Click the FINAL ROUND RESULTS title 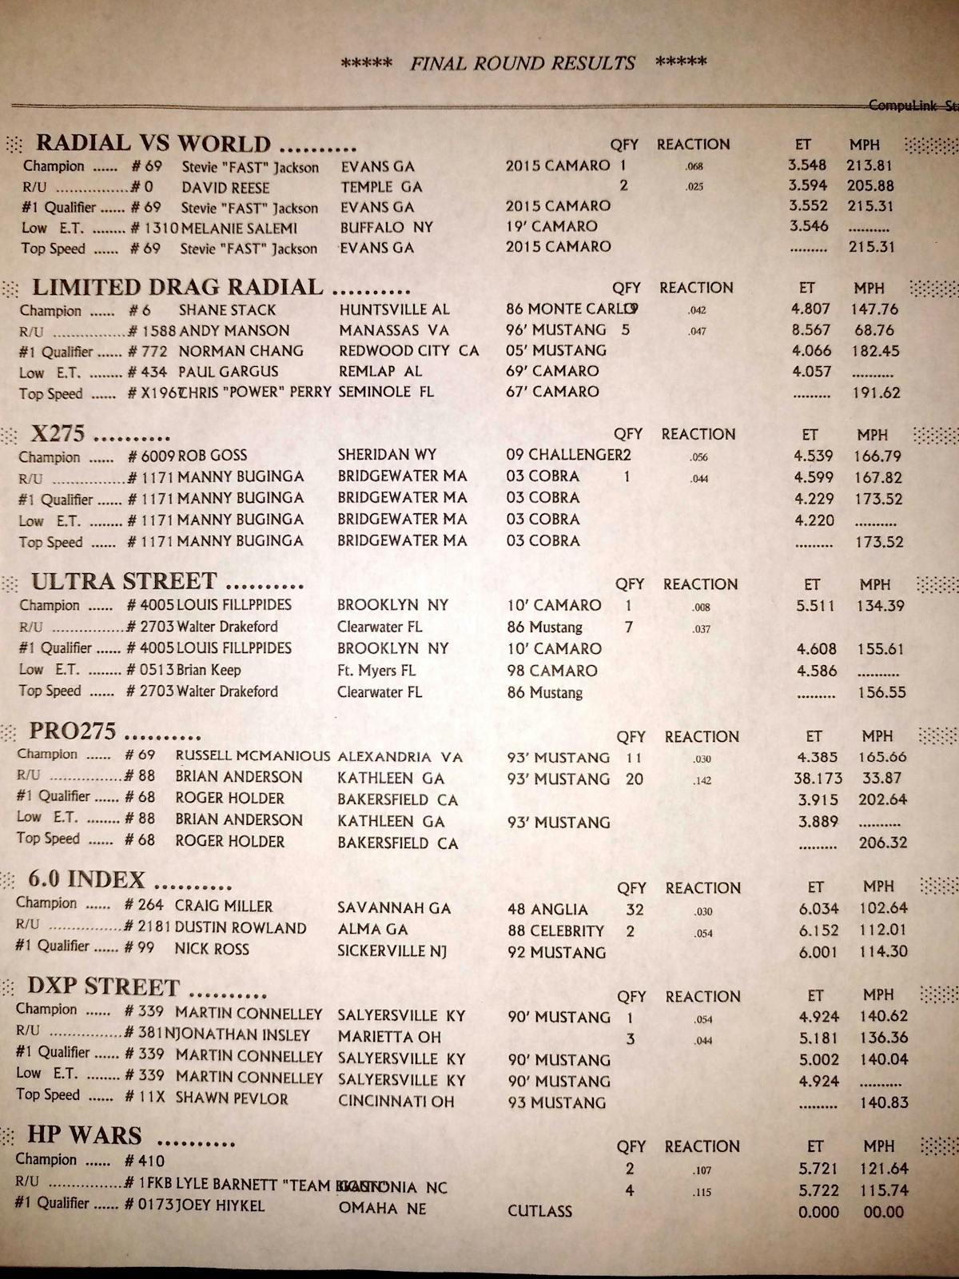tap(523, 64)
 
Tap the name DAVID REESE tap(225, 188)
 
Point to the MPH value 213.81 tap(869, 165)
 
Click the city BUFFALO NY tap(387, 228)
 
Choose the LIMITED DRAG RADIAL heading tap(177, 288)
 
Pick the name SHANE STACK tap(227, 310)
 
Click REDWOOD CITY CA tap(408, 351)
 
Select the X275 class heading tap(58, 434)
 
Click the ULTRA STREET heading tap(124, 581)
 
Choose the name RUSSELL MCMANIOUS tap(253, 756)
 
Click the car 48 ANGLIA tap(547, 910)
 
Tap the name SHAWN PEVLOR tap(231, 1099)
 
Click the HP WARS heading tap(84, 1136)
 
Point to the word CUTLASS tap(539, 1211)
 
